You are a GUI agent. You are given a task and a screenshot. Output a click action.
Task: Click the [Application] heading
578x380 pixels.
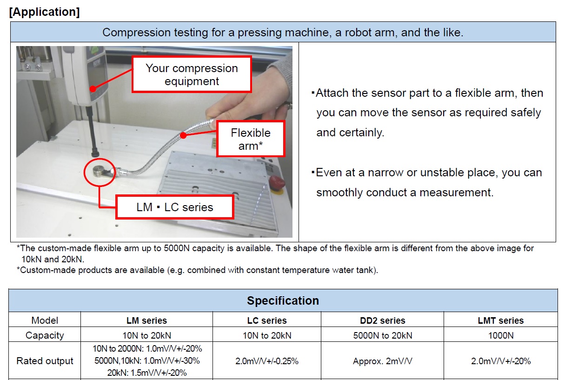point(44,12)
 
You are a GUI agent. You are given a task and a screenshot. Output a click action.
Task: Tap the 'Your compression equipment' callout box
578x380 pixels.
point(192,74)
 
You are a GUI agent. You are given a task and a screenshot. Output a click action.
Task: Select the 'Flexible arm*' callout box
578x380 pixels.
point(251,139)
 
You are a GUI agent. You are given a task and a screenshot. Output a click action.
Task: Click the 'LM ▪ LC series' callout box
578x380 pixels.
point(175,207)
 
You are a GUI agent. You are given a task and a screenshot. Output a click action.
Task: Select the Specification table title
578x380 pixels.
point(283,300)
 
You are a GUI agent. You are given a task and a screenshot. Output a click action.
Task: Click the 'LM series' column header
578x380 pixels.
point(146,320)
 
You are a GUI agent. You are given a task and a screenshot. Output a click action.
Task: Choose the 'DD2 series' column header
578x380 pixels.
point(382,320)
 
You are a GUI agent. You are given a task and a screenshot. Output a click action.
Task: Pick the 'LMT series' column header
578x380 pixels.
point(501,320)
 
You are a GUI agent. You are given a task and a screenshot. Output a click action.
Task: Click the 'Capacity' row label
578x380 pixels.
point(45,335)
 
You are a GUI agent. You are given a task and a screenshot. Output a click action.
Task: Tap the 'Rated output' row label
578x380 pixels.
point(45,360)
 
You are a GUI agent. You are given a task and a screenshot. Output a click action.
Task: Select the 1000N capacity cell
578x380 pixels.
point(501,335)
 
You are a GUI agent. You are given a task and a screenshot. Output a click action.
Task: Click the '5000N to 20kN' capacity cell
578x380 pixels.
point(382,335)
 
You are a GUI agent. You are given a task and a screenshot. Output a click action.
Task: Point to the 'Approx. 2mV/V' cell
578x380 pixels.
point(382,361)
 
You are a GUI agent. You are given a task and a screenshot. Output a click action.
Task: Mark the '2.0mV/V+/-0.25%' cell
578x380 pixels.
point(267,361)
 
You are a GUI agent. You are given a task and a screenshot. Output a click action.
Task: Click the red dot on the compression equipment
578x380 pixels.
point(93,89)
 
